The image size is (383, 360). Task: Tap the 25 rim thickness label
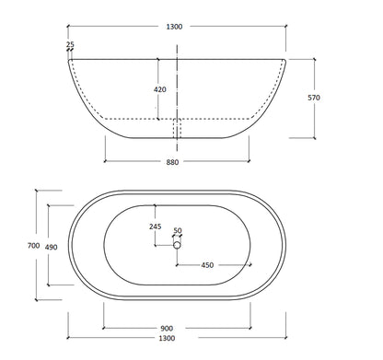pos(71,44)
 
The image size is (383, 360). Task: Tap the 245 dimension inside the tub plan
pos(156,227)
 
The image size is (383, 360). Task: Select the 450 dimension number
pos(208,266)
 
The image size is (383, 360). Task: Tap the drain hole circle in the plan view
pos(177,245)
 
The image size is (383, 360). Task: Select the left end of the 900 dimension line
pos(103,319)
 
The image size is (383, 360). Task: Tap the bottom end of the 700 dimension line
pos(36,301)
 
